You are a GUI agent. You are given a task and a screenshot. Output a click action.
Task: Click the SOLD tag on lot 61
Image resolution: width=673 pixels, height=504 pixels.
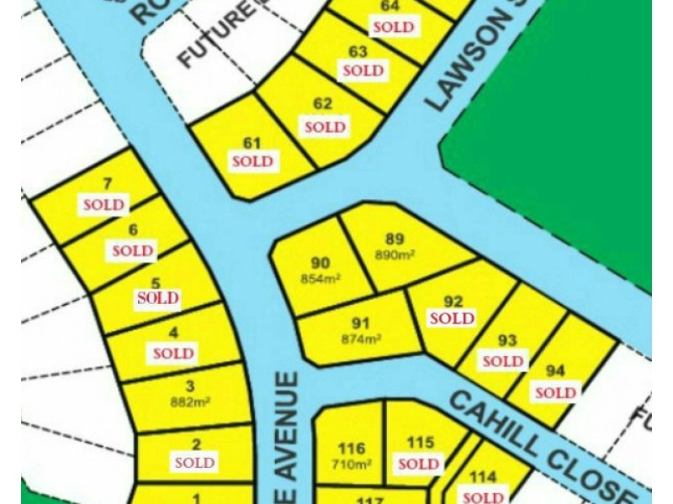(252, 161)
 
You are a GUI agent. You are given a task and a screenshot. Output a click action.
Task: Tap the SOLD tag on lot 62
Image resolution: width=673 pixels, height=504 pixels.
(325, 128)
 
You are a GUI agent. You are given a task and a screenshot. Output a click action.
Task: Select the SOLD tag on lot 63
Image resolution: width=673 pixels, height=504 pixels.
(363, 71)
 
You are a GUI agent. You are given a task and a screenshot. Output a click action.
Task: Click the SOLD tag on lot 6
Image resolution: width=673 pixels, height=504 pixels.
(133, 250)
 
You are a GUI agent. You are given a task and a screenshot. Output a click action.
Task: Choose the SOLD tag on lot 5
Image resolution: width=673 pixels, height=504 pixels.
(158, 297)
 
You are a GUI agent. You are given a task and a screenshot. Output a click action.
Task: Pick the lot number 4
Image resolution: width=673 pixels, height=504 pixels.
(173, 333)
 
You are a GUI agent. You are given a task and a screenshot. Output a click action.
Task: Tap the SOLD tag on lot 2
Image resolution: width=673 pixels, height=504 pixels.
(195, 463)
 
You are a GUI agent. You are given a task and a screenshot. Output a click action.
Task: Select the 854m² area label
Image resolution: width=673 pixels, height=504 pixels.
(321, 279)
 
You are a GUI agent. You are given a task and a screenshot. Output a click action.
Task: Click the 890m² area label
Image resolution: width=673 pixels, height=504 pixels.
(395, 255)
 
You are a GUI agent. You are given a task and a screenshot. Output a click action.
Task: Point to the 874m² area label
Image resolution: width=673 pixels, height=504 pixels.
(362, 339)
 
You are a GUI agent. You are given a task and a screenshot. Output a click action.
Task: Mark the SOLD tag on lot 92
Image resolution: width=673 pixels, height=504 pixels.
(452, 318)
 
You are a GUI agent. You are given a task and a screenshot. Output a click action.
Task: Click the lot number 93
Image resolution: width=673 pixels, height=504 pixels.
(506, 340)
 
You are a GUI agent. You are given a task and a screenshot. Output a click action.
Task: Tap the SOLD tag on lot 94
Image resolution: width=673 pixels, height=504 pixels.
(555, 392)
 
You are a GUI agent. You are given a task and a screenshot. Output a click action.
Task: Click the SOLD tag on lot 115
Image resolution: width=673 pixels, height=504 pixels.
(419, 464)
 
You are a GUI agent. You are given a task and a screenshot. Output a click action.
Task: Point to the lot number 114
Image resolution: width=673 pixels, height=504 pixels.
(483, 478)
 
